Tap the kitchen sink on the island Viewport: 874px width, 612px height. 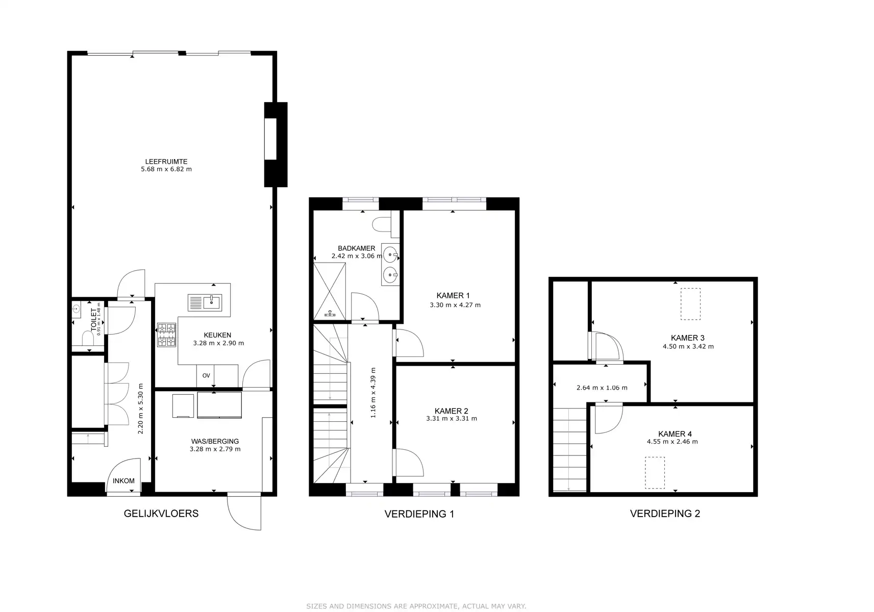pyautogui.click(x=204, y=302)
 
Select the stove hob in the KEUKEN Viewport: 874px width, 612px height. pyautogui.click(x=166, y=335)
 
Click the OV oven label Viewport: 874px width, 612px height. pyautogui.click(x=206, y=376)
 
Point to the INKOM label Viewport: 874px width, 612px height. pyautogui.click(x=123, y=481)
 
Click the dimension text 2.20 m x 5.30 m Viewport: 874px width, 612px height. pyautogui.click(x=141, y=409)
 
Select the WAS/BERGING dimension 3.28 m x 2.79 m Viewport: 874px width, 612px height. pyautogui.click(x=215, y=449)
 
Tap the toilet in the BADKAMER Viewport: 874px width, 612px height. pyautogui.click(x=383, y=224)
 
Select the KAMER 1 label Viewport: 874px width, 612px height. pyautogui.click(x=453, y=296)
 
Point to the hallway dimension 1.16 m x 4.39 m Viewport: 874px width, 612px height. pyautogui.click(x=373, y=393)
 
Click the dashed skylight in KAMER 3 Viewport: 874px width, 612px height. pyautogui.click(x=690, y=304)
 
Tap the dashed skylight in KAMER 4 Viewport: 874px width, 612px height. pyautogui.click(x=655, y=473)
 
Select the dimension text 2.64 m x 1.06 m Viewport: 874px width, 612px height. pyautogui.click(x=602, y=388)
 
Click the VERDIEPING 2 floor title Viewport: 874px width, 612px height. pyautogui.click(x=665, y=514)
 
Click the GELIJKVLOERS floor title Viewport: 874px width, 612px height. pyautogui.click(x=161, y=514)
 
